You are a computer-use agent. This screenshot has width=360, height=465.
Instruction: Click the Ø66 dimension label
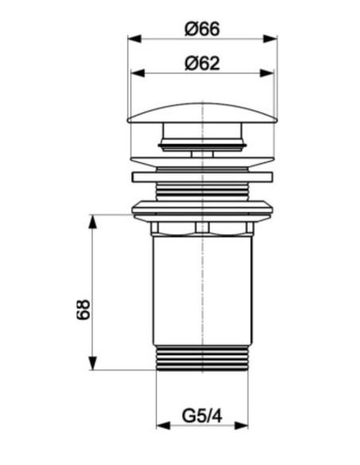(x=202, y=29)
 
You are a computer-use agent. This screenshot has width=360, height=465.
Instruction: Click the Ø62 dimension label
(x=202, y=64)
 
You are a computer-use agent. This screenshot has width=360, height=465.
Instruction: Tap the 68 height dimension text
(x=83, y=309)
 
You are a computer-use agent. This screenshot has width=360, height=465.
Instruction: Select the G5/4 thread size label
(x=202, y=416)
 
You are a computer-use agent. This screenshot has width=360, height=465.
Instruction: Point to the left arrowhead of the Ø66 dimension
(x=135, y=39)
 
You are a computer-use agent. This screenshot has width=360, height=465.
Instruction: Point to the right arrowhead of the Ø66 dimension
(x=270, y=39)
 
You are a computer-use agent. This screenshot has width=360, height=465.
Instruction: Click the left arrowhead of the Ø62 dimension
(x=138, y=73)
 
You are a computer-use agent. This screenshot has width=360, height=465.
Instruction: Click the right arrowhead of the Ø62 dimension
(x=267, y=73)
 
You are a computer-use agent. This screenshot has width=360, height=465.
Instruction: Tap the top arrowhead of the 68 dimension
(x=93, y=221)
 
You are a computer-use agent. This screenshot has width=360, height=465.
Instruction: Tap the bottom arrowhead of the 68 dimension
(x=93, y=363)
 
